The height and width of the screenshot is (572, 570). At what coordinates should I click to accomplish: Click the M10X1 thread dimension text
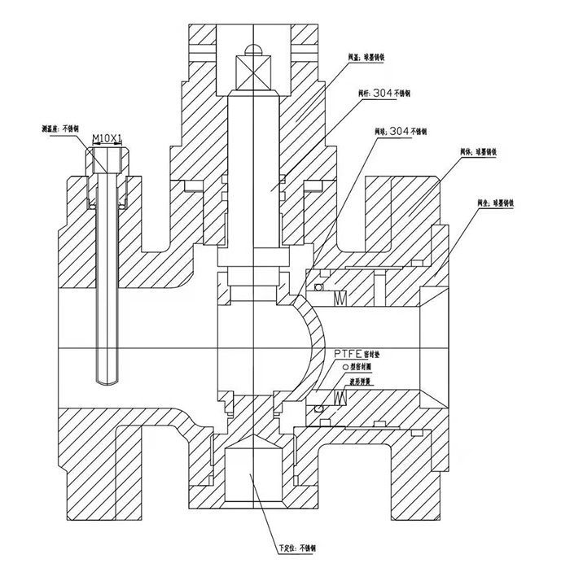[107, 140]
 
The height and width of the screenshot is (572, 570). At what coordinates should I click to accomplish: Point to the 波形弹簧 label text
[362, 379]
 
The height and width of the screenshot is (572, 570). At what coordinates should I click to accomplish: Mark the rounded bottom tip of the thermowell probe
[106, 380]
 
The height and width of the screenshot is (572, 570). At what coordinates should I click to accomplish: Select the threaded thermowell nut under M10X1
[107, 162]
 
